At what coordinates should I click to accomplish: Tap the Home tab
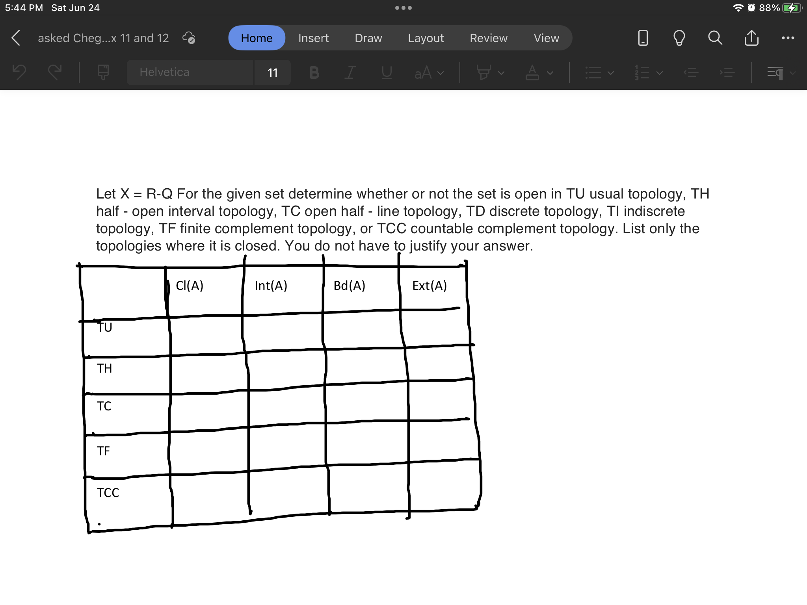click(257, 38)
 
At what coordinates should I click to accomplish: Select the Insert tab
click(313, 38)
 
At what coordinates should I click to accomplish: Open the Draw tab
click(368, 38)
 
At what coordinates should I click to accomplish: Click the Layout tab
click(426, 38)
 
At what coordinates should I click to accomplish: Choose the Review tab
click(488, 38)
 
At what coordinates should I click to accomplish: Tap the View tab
click(546, 38)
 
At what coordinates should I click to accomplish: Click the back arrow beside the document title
click(16, 38)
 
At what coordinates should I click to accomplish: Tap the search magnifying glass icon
click(715, 38)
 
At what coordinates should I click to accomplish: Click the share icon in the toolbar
click(751, 38)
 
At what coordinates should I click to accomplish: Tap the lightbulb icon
click(679, 38)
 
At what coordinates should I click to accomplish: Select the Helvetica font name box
click(189, 72)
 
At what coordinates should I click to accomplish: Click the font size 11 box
click(273, 72)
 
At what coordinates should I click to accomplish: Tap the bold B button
click(314, 72)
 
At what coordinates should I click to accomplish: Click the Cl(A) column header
click(190, 286)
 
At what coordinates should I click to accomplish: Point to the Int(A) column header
click(271, 286)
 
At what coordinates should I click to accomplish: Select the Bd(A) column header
click(349, 286)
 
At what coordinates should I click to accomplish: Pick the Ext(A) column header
click(430, 286)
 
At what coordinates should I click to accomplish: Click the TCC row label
click(108, 493)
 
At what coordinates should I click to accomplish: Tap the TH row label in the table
click(104, 368)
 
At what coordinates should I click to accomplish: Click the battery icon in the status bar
click(791, 8)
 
